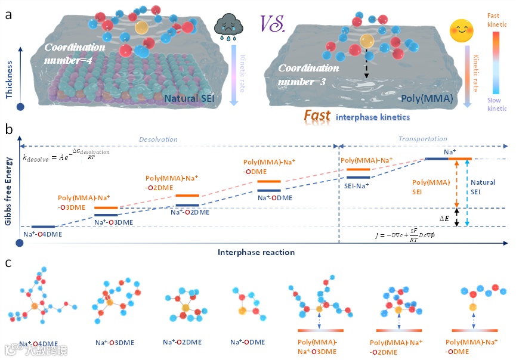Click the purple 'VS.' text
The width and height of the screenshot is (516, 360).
click(x=273, y=23)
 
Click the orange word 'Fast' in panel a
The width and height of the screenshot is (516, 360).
click(x=317, y=116)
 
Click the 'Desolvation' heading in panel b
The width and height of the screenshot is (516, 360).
click(x=158, y=139)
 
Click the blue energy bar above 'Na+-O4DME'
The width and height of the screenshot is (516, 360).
click(x=43, y=227)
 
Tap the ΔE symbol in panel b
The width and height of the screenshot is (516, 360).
click(x=444, y=219)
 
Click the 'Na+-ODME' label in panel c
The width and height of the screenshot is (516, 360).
click(x=248, y=342)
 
